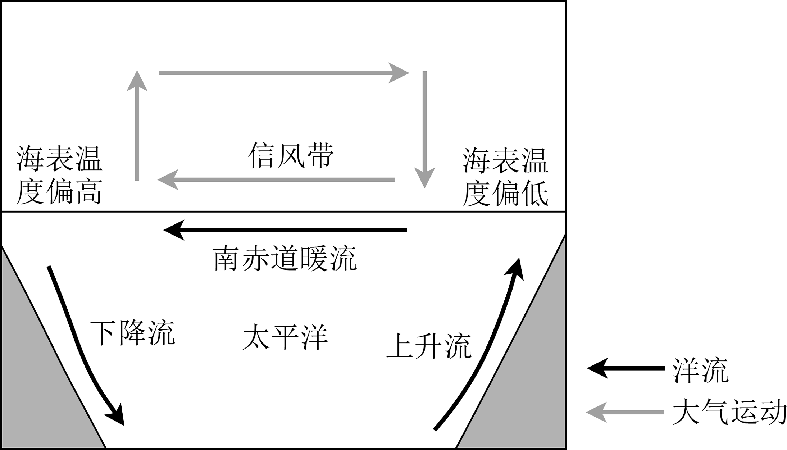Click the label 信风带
pos(291,156)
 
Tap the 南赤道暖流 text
pos(285,258)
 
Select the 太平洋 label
pos(285,337)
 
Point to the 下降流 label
pos(132,333)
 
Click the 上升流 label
pos(429,346)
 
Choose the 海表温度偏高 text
pos(59,175)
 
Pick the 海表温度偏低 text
pos(505,177)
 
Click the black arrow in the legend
pos(626,368)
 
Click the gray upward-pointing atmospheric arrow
pos(137,126)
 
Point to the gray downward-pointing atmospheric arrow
pos(425,129)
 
